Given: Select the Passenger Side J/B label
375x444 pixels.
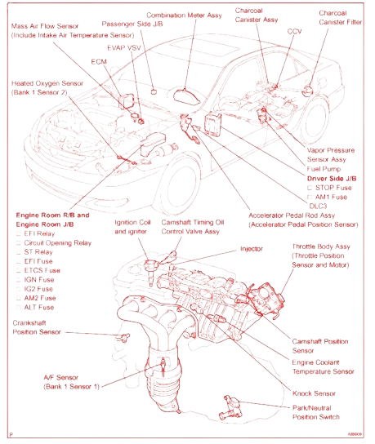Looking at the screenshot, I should coord(123,25).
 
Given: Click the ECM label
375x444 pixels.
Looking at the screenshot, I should coord(97,60).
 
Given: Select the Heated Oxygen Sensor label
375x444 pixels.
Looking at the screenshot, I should coord(47,87).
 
